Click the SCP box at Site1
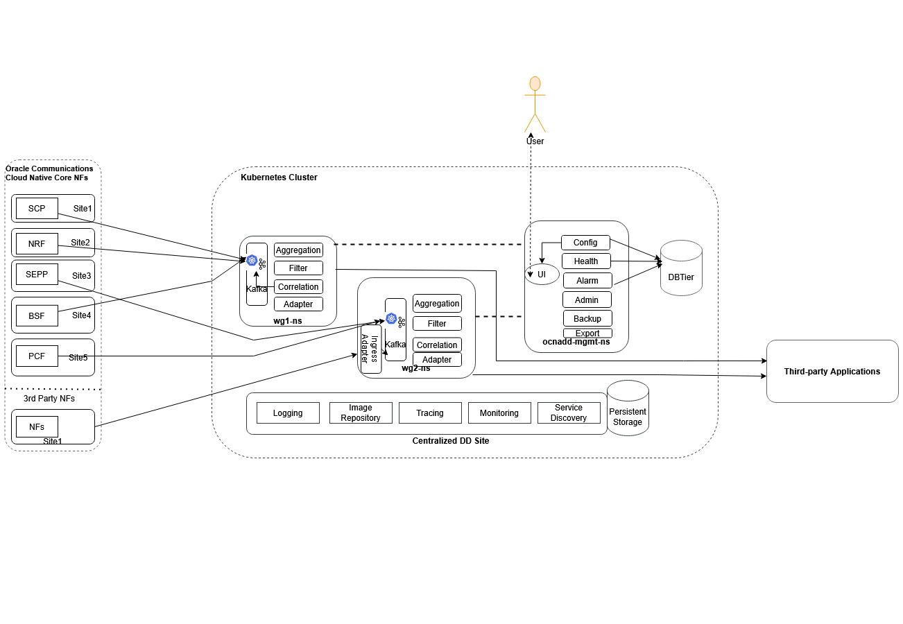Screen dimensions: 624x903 coord(37,208)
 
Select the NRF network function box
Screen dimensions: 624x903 coord(37,243)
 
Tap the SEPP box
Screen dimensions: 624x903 coord(37,274)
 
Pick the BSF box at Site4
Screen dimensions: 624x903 coord(37,315)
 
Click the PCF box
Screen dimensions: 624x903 coord(37,356)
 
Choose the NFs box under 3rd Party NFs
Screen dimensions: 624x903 coord(37,426)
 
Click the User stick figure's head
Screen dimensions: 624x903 coord(535,84)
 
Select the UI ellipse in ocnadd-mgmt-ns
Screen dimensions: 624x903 coord(542,275)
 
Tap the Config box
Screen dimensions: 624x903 coord(585,243)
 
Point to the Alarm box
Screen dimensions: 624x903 coord(587,280)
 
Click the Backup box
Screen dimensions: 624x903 coord(587,318)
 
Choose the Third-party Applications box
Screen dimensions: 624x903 coord(832,371)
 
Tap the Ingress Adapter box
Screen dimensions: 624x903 coord(370,349)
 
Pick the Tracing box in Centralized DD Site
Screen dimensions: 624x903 coord(430,413)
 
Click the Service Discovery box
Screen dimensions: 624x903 coord(569,413)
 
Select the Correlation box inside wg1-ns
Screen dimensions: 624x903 coord(298,286)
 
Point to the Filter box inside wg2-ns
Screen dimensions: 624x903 coord(437,323)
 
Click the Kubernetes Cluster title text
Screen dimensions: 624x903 coord(279,177)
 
